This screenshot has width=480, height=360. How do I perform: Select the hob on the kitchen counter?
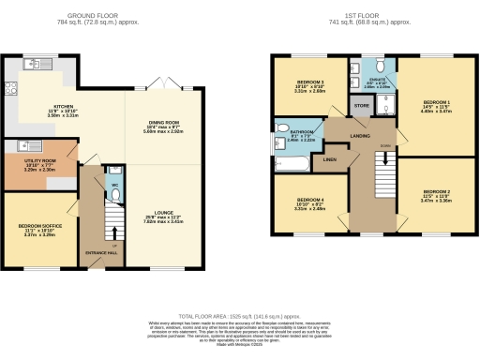(13, 92)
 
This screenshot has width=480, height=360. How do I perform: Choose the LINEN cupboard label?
(329, 159)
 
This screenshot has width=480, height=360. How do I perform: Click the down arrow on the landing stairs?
(384, 148)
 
